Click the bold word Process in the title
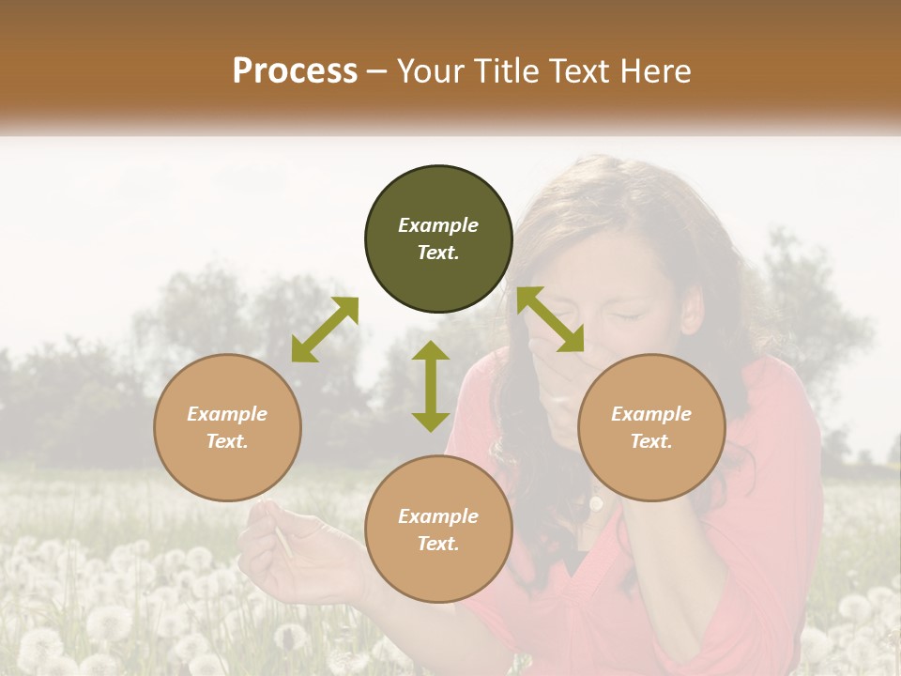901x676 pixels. tap(295, 71)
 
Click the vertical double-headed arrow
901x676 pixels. tap(431, 386)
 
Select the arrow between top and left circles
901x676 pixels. tap(325, 330)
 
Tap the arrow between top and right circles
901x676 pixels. tap(551, 319)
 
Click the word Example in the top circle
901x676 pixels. tap(438, 225)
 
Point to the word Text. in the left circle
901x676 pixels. tap(227, 441)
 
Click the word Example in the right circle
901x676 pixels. tap(651, 414)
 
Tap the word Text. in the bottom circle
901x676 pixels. tap(438, 544)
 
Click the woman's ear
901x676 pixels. tap(693, 310)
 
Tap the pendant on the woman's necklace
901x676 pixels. tap(596, 503)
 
